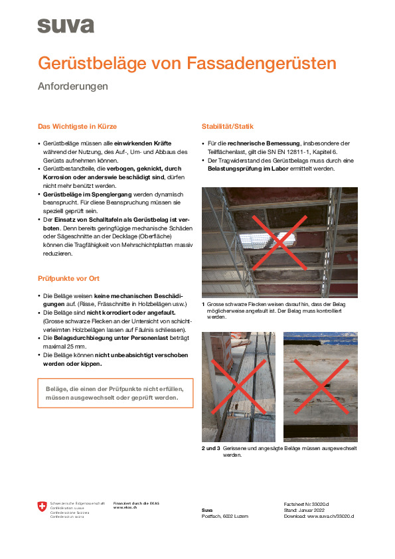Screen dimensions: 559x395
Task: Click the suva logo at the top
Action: [65, 25]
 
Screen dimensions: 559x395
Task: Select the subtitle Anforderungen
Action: [72, 86]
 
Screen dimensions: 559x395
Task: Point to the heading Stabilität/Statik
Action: [227, 126]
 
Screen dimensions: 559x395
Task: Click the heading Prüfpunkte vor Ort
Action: [68, 278]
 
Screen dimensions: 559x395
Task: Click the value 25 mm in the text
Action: [76, 347]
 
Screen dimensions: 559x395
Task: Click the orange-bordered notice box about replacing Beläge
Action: [115, 393]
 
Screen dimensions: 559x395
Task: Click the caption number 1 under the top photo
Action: [204, 303]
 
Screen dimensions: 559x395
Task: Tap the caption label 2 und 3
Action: [211, 449]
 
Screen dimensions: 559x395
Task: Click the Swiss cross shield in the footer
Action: [43, 508]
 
